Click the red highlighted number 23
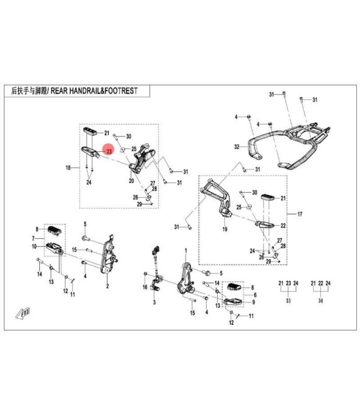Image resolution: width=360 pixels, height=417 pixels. pyautogui.click(x=109, y=152)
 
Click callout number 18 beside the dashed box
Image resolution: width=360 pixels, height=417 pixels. pyautogui.click(x=68, y=168)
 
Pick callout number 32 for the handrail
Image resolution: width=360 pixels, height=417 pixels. pyautogui.click(x=236, y=147)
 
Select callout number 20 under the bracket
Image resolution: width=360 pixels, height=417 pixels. pyautogui.click(x=132, y=181)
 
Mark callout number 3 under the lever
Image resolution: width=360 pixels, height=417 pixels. pyautogui.click(x=153, y=303)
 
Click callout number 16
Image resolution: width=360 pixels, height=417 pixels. pyautogui.click(x=144, y=287)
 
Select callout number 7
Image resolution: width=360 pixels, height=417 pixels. pyautogui.click(x=35, y=238)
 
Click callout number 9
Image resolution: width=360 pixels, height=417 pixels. pyautogui.click(x=253, y=302)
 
